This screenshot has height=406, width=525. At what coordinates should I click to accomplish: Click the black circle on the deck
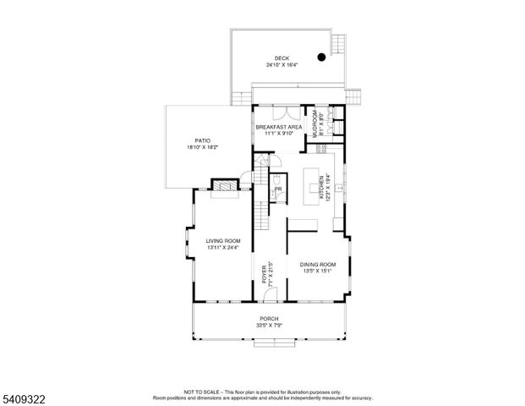coord(321,58)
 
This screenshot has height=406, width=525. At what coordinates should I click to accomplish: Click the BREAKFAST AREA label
coord(278,127)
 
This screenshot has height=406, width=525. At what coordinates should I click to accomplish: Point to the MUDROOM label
coord(314,123)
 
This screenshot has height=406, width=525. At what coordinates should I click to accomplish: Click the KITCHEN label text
coord(321,187)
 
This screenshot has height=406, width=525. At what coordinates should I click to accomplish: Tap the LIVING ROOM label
coord(223,241)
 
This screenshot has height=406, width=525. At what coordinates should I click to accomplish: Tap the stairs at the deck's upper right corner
coord(340,42)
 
